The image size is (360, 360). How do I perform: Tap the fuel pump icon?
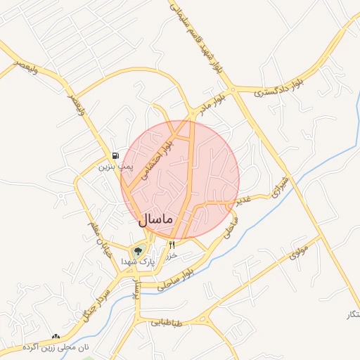pos(115,155)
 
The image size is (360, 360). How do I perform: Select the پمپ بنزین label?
pos(115,167)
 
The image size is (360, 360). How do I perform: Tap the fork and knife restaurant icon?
pos(171,244)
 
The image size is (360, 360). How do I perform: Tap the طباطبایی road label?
pos(166,323)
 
